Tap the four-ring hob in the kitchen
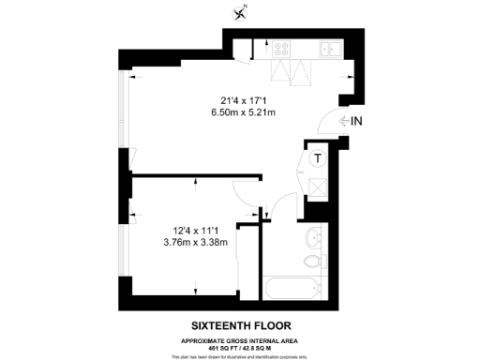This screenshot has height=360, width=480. coord(279,48)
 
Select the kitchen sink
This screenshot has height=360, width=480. coord(328,48)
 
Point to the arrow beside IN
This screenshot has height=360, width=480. coord(342,121)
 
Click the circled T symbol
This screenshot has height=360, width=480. coord(319,158)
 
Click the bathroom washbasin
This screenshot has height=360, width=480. coord(316,236)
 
